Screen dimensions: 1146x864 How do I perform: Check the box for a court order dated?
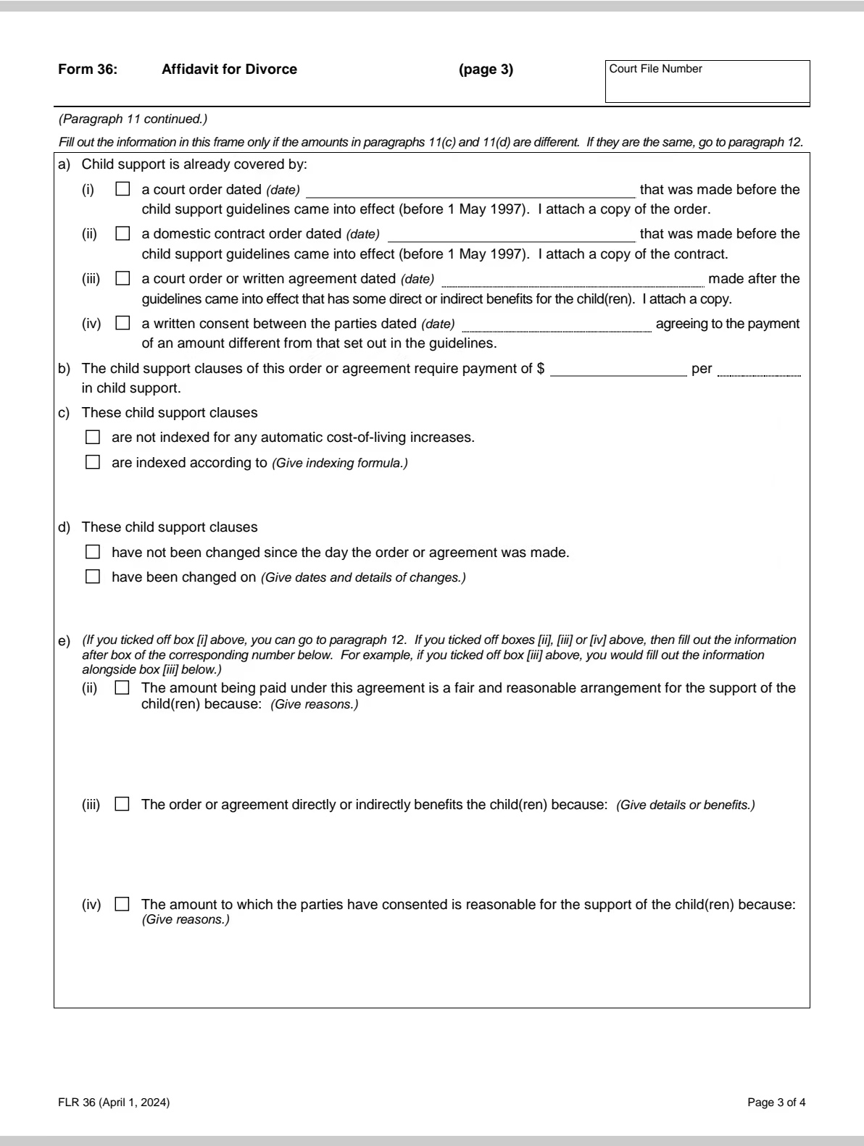pos(122,190)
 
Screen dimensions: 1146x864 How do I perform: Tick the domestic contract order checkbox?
pos(122,234)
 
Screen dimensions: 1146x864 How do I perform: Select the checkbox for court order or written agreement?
pos(122,278)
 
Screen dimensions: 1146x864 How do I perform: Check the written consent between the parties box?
pos(122,323)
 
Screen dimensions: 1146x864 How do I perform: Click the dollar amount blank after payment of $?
pos(618,369)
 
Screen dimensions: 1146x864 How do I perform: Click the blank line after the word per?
pos(759,369)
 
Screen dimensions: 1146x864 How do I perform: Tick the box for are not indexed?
pos(93,438)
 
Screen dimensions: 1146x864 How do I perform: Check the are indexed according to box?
pos(93,462)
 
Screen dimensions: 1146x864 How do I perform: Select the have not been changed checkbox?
pos(93,553)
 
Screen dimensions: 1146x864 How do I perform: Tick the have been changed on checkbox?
pos(93,577)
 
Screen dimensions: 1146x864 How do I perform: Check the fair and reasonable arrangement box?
pos(122,688)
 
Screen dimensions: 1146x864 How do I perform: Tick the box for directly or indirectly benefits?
pos(122,805)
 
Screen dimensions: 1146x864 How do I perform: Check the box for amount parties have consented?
pos(122,905)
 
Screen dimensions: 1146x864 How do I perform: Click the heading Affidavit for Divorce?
pos(229,70)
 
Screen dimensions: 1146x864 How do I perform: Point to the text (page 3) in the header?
pos(486,70)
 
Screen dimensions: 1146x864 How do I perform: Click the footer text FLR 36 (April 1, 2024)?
pos(114,1103)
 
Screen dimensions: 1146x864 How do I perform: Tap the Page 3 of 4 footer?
pos(776,1103)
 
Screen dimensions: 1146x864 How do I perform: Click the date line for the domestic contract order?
pos(511,235)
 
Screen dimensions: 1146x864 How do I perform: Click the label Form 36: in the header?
pos(87,70)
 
